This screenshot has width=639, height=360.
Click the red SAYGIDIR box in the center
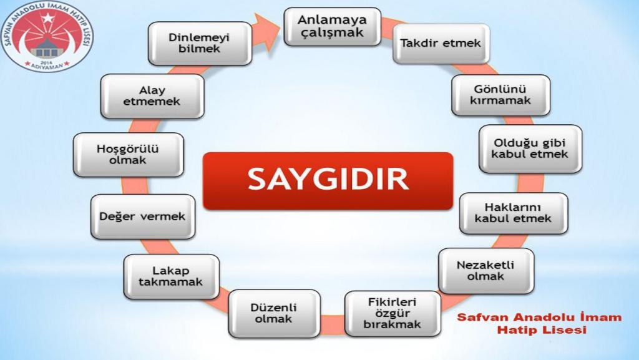pos(328,181)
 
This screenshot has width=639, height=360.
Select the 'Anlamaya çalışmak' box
pos(332,26)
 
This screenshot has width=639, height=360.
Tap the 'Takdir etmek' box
pos(441,43)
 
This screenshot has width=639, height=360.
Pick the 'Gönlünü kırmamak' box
pos(501,95)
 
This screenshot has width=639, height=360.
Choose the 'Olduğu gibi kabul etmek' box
pos(530,148)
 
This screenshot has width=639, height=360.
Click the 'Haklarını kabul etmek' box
pos(514,213)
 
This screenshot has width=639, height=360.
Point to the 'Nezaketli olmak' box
pos(486,271)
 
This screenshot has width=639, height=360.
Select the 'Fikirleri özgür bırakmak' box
pos(393,314)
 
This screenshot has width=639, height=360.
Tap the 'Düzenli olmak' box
pos(275,313)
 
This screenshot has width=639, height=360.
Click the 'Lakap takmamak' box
pos(171,276)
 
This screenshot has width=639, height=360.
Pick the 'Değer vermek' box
pos(143,216)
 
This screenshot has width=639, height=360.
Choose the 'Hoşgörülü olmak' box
pos(129,154)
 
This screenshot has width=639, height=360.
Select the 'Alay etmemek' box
pos(152,96)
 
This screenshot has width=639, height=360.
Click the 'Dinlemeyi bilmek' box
pos(200,43)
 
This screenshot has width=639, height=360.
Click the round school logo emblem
pos(47,37)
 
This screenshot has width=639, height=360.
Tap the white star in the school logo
pos(48,18)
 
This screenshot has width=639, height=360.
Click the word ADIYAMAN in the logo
pos(47,66)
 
